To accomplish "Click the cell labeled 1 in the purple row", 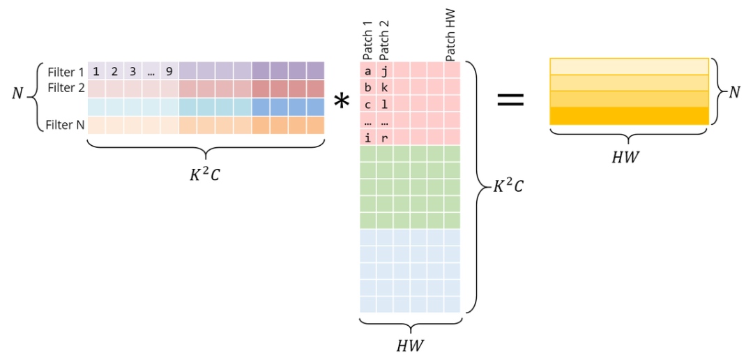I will tap(96, 70).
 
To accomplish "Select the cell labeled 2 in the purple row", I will tap(114, 70).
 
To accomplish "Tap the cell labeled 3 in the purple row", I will tap(132, 70).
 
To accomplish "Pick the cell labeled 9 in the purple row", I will tap(169, 70).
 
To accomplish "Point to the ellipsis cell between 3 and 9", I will tap(151, 70).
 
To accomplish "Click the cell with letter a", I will tap(367, 70).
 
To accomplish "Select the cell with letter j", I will tap(384, 70).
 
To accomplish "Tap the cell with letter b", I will tap(367, 87).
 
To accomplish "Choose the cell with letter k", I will tap(384, 87).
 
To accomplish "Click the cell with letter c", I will tap(367, 104).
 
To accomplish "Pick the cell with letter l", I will tap(384, 104).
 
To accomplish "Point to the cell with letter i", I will tap(367, 137).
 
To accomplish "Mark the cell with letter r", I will tap(384, 137).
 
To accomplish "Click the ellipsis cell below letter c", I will tap(367, 121).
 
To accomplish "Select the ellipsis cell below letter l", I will tap(384, 121).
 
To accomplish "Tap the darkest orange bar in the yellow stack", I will tap(629, 117).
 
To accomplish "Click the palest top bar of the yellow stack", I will tap(629, 66).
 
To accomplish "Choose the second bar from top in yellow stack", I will tap(629, 83).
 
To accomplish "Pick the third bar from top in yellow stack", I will tap(629, 99).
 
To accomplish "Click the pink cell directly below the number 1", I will tap(96, 89).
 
